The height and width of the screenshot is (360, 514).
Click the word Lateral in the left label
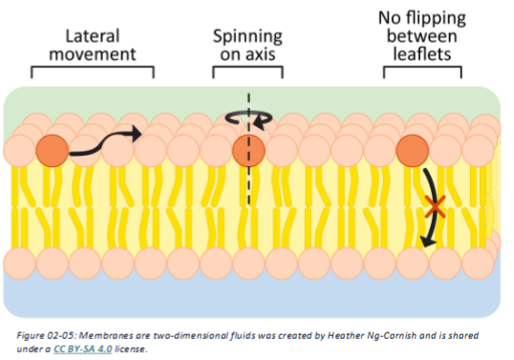[92, 36]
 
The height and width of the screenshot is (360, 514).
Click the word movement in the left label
[92, 53]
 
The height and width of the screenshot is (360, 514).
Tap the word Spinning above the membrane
[247, 36]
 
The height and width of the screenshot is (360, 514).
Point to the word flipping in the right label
[437, 19]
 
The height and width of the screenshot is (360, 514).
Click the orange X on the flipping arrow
[436, 204]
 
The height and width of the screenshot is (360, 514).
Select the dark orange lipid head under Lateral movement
[52, 149]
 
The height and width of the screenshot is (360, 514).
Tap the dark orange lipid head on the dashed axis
[247, 150]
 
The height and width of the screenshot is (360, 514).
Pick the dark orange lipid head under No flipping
[411, 149]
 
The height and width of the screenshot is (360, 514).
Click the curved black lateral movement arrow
[105, 142]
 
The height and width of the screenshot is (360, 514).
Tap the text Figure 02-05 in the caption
[46, 335]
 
